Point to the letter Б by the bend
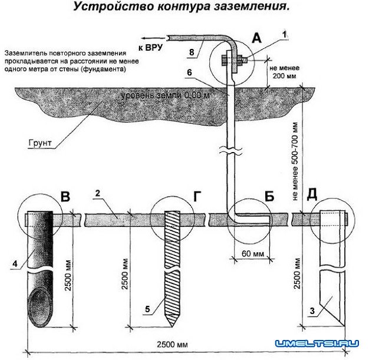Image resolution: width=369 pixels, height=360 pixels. point(269,197)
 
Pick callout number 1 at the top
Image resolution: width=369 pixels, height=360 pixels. point(286,35)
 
